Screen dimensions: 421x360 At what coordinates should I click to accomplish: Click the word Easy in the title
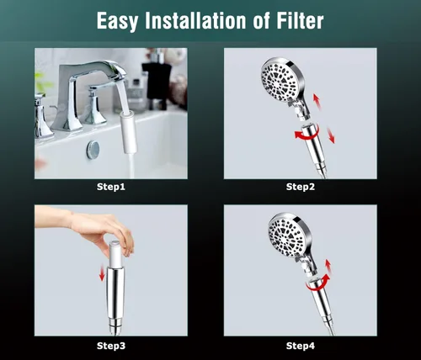click(x=117, y=21)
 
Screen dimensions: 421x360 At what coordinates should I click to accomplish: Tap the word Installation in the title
click(x=195, y=20)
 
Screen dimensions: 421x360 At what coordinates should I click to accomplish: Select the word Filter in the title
click(x=300, y=20)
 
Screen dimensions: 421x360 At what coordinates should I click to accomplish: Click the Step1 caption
click(x=111, y=187)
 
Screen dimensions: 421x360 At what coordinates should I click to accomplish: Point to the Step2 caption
click(x=301, y=187)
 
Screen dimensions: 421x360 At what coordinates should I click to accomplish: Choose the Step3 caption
click(x=111, y=346)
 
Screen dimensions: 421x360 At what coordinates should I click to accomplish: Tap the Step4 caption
click(x=301, y=346)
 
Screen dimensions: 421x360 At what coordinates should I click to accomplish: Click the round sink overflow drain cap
click(x=93, y=150)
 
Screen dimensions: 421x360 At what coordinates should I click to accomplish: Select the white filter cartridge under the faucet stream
click(x=129, y=132)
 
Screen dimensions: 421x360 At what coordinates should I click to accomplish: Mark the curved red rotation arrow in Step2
click(x=306, y=133)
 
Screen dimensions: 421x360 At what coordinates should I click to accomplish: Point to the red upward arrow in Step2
click(x=317, y=101)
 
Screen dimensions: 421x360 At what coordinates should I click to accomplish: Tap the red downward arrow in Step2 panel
click(x=331, y=135)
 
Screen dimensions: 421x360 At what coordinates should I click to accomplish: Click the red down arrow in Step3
click(x=102, y=273)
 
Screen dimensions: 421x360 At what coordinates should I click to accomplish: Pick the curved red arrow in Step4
click(x=317, y=283)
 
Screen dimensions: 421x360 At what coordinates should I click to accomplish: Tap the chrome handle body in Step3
click(x=115, y=300)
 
